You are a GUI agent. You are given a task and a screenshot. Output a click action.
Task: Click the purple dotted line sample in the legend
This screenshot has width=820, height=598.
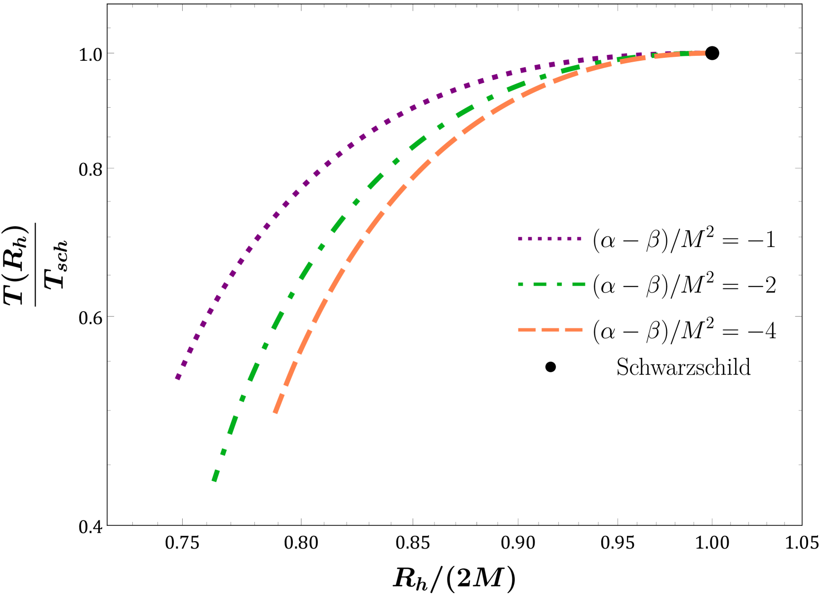click(550, 239)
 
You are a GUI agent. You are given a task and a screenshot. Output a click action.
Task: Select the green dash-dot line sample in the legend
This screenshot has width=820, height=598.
click(551, 284)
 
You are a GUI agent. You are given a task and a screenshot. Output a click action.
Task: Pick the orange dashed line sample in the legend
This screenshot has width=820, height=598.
click(550, 330)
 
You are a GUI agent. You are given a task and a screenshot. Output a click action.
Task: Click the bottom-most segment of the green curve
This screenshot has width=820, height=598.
click(215, 475)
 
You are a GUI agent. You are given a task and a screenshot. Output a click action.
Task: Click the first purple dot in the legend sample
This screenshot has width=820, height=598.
click(520, 239)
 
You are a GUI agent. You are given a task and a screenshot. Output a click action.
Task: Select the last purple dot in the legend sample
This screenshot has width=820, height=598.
click(579, 239)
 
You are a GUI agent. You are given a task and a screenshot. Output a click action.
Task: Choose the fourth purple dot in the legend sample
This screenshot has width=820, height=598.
click(549, 239)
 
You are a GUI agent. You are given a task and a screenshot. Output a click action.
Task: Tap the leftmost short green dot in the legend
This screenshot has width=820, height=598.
click(520, 284)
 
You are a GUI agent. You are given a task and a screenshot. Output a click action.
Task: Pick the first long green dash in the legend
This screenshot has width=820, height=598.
click(540, 284)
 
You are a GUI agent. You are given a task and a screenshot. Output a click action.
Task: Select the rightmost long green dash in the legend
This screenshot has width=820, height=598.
click(579, 284)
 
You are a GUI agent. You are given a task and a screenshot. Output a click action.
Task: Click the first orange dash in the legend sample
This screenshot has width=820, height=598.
click(527, 330)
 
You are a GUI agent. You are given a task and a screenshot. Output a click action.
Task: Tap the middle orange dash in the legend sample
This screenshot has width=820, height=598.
click(550, 330)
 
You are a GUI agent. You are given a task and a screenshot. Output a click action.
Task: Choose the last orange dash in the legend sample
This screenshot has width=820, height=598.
click(574, 330)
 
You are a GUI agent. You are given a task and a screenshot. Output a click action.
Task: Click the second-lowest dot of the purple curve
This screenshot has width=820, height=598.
click(184, 363)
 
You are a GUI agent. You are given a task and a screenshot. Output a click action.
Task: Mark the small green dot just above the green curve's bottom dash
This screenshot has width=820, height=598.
click(224, 451)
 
